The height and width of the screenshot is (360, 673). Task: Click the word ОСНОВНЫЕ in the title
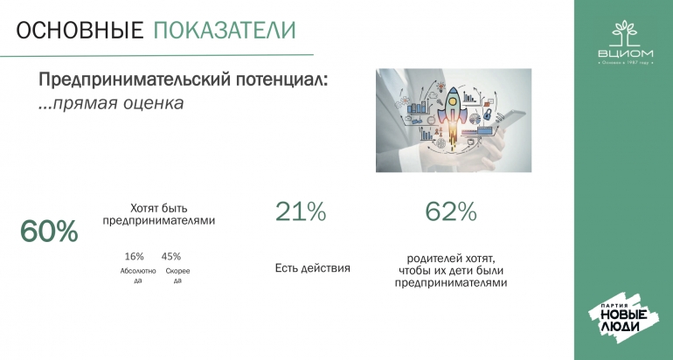pos(80,31)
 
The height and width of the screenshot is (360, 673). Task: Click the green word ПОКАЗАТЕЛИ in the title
pos(225,31)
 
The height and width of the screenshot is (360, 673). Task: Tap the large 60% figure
pos(49,232)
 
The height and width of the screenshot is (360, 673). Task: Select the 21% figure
pos(301,211)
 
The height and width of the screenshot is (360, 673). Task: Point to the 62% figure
pos(451,211)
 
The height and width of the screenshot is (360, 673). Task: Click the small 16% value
pos(134,257)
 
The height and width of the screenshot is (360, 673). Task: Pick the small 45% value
pos(171,257)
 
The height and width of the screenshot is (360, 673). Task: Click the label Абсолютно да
pos(138,275)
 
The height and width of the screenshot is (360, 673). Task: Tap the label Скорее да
pos(177,275)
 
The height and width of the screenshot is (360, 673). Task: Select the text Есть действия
pos(313,268)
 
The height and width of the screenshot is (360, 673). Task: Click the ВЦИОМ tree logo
pos(626,42)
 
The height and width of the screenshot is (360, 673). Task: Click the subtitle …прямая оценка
pos(111,103)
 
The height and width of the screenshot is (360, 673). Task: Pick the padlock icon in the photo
pos(487,114)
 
